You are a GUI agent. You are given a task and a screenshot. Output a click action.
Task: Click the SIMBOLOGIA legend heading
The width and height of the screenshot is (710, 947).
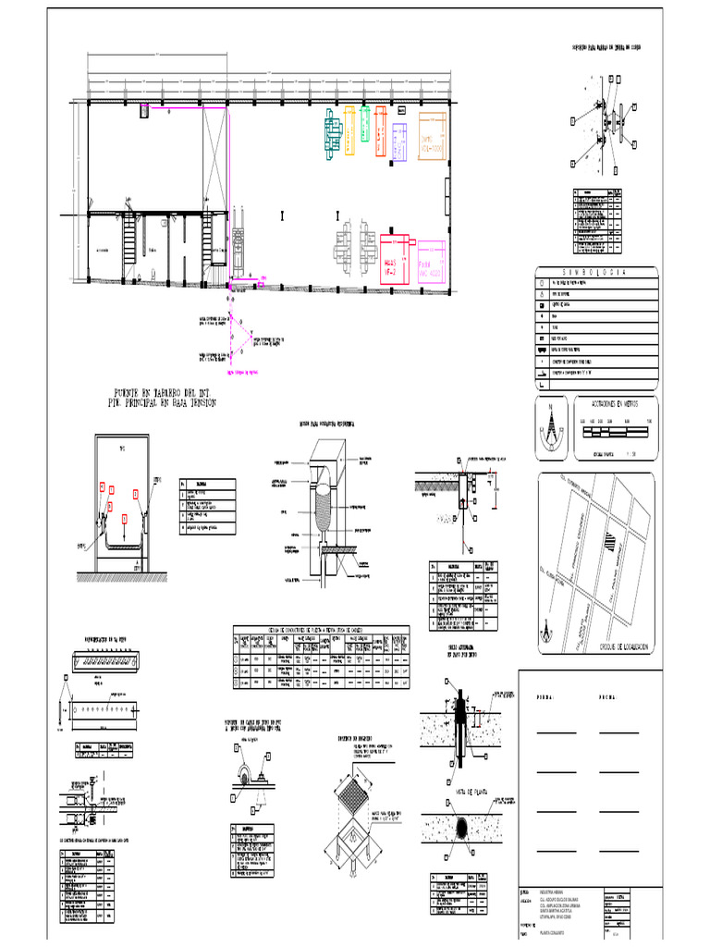pos(596,273)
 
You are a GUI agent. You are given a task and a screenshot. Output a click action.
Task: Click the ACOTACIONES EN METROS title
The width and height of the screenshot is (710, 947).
pos(614,403)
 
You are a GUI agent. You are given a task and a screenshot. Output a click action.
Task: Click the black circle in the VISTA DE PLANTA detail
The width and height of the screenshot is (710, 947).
pos(463,825)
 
